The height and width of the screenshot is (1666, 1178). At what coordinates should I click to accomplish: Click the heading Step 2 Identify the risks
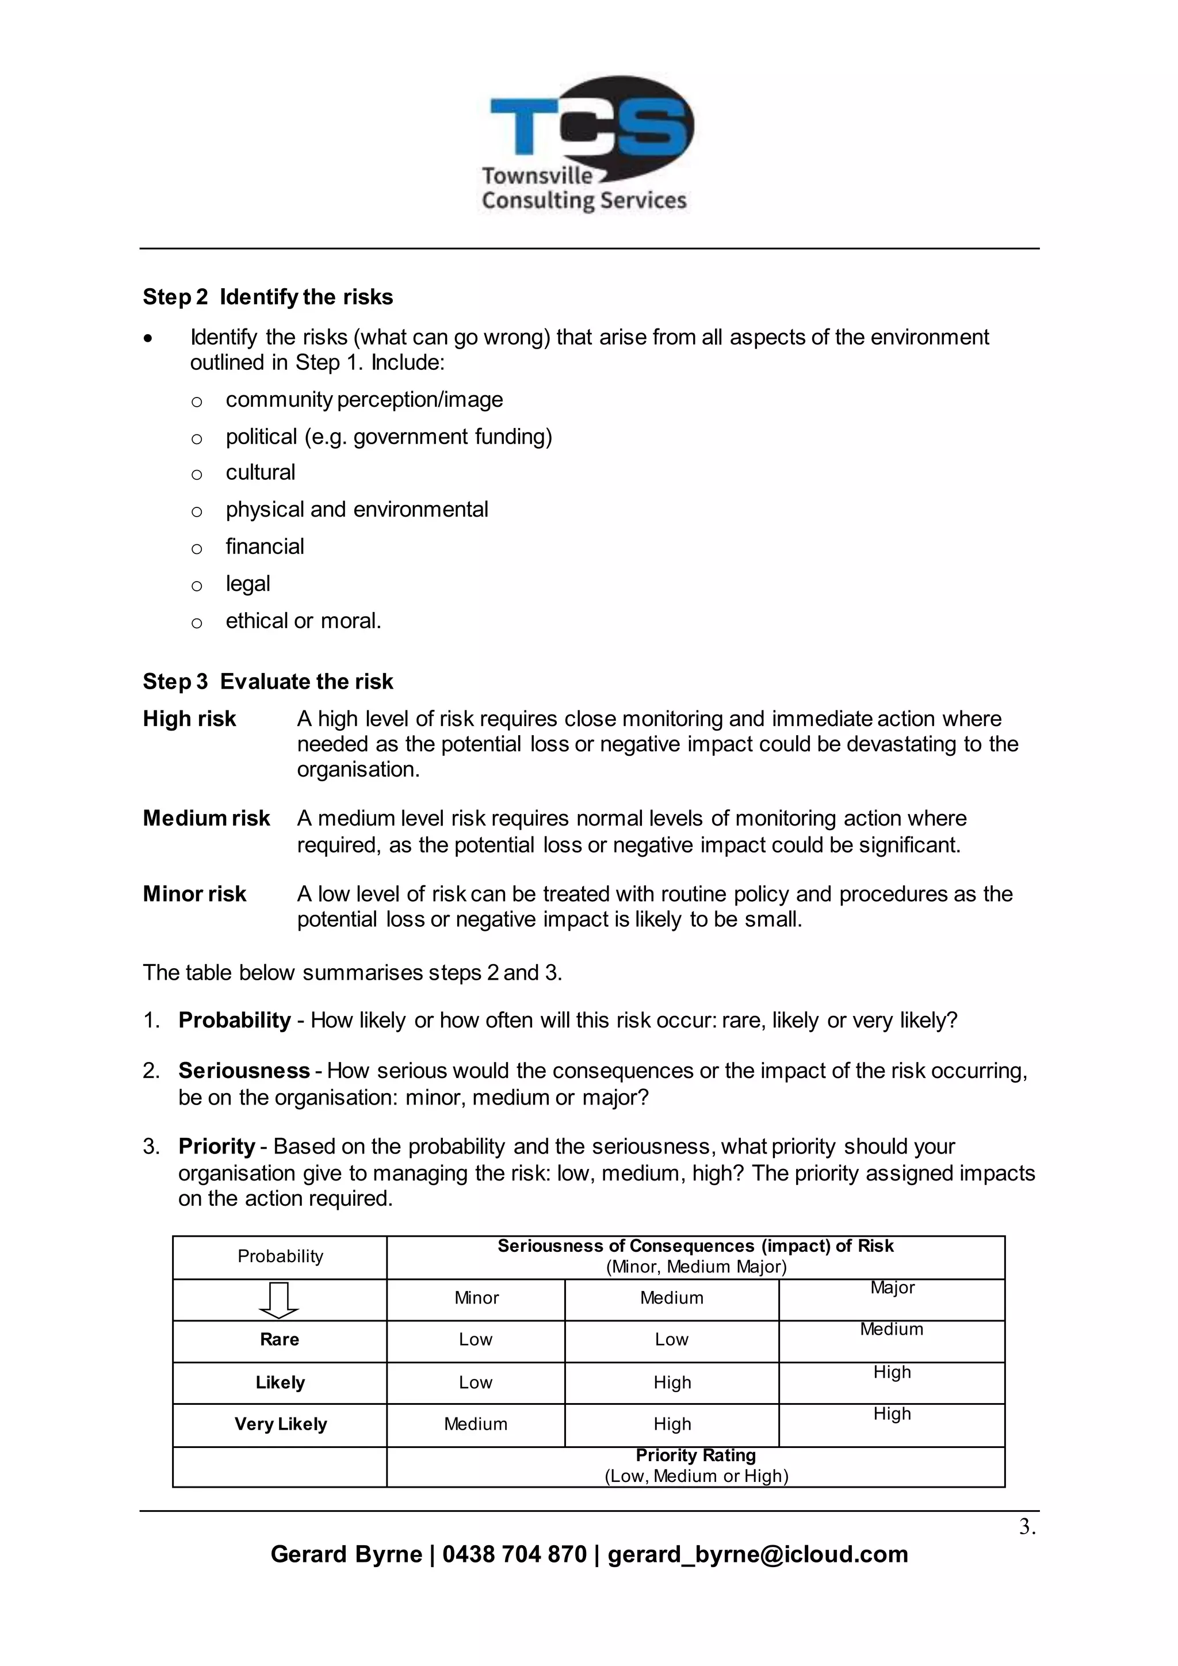point(267,297)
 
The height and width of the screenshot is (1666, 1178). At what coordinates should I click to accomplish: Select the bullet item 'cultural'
point(261,472)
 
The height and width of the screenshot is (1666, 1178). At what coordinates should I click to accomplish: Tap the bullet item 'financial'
point(265,547)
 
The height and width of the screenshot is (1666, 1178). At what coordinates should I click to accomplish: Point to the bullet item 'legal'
point(247,583)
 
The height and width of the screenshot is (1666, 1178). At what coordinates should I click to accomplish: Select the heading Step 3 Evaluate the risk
point(267,681)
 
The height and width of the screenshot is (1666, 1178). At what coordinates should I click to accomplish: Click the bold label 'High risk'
point(189,719)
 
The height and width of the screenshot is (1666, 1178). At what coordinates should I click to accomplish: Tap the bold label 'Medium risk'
point(206,818)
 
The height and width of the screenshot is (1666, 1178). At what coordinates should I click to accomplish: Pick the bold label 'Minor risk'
point(194,893)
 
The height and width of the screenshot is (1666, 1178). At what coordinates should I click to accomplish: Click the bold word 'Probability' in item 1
point(234,1019)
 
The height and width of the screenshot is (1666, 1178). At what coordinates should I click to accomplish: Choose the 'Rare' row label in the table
point(280,1339)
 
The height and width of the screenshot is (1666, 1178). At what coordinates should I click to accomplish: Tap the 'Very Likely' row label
point(280,1424)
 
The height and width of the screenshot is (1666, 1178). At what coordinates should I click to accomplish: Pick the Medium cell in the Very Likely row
point(475,1424)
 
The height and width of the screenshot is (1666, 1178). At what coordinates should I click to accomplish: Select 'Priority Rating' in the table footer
point(695,1455)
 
